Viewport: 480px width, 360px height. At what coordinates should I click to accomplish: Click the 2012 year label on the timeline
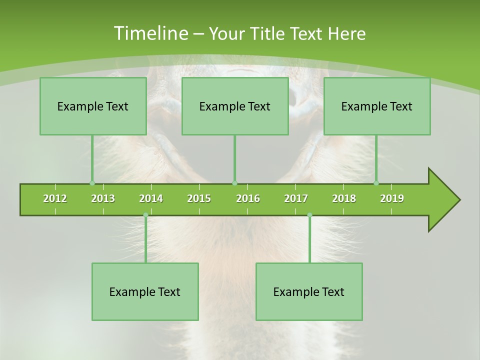pyautogui.click(x=55, y=198)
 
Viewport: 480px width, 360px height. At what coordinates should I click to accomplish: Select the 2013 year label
pyautogui.click(x=103, y=198)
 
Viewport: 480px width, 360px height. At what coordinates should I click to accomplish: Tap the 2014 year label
pyautogui.click(x=151, y=198)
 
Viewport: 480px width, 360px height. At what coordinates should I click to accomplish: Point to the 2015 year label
pyautogui.click(x=199, y=198)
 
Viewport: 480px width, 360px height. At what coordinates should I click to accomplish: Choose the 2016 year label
pyautogui.click(x=248, y=198)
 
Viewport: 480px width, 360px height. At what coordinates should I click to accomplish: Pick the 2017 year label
pyautogui.click(x=296, y=198)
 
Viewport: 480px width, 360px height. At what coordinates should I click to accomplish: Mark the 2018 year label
pyautogui.click(x=344, y=198)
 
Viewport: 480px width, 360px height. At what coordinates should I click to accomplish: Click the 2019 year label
pyautogui.click(x=392, y=198)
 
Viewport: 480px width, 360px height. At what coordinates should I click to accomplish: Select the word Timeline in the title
pyautogui.click(x=150, y=33)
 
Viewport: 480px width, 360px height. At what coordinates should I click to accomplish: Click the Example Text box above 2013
pyautogui.click(x=93, y=106)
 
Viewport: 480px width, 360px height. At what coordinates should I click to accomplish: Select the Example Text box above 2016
pyautogui.click(x=235, y=106)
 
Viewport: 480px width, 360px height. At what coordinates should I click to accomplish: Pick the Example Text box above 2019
pyautogui.click(x=377, y=106)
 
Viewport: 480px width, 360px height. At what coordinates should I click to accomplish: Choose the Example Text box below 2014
pyautogui.click(x=145, y=291)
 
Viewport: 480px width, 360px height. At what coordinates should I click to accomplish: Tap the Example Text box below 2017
pyautogui.click(x=309, y=291)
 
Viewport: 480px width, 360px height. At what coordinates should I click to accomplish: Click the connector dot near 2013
pyautogui.click(x=92, y=183)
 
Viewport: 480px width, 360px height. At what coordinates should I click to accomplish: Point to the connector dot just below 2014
pyautogui.click(x=145, y=215)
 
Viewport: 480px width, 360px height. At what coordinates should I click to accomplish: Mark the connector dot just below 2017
pyautogui.click(x=309, y=215)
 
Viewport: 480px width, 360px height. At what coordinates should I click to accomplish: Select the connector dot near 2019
pyautogui.click(x=376, y=183)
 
